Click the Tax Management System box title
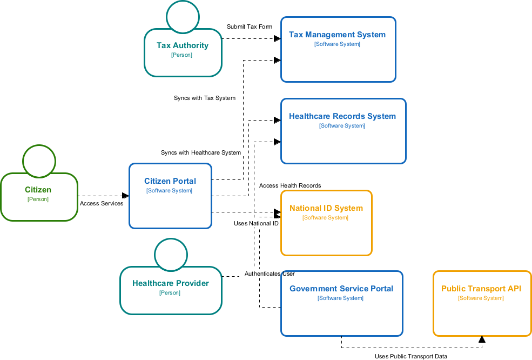click(x=337, y=35)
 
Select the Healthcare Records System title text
click(x=342, y=116)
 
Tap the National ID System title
click(x=326, y=208)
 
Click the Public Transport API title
click(x=481, y=289)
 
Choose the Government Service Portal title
click(x=341, y=289)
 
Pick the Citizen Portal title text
click(x=170, y=181)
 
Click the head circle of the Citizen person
click(x=39, y=161)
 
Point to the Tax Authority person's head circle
click(x=183, y=16)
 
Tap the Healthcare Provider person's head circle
click(x=171, y=255)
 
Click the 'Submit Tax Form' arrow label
click(x=249, y=26)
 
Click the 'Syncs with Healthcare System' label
click(x=200, y=152)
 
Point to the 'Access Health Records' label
click(x=290, y=185)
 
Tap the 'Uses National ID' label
click(x=256, y=223)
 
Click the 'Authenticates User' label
click(x=269, y=274)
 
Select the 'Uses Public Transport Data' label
click(x=411, y=356)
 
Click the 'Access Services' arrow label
click(x=102, y=203)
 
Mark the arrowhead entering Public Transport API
click(x=482, y=339)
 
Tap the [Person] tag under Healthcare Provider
click(x=170, y=292)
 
